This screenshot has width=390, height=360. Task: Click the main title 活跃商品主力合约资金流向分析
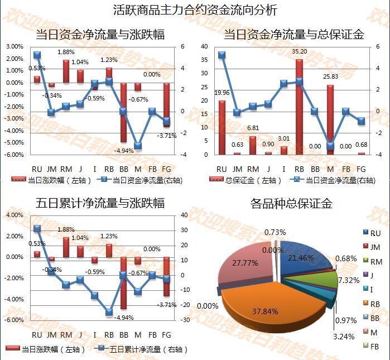click(x=195, y=9)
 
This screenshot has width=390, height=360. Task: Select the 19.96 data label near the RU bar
click(x=222, y=93)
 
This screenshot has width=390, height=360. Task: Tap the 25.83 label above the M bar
click(x=331, y=76)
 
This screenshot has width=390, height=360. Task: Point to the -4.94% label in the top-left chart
click(x=123, y=151)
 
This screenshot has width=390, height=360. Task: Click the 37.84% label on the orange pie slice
click(x=265, y=311)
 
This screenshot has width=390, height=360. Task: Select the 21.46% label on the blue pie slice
click(x=301, y=258)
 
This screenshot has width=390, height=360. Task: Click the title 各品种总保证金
click(x=291, y=203)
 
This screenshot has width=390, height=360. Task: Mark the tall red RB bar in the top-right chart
click(x=299, y=106)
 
